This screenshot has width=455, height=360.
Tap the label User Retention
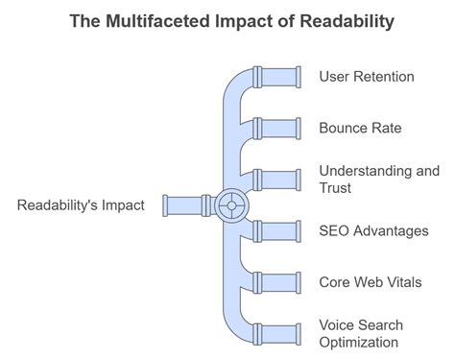tap(367, 76)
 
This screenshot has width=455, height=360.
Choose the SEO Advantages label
tap(373, 230)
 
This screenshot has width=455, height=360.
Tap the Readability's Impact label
tap(81, 204)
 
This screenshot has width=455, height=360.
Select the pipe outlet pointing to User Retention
tap(283, 76)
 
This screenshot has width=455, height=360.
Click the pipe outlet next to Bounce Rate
tap(283, 127)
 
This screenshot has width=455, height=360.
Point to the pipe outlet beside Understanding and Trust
tap(283, 179)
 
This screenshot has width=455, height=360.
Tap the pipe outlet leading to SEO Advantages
tap(283, 230)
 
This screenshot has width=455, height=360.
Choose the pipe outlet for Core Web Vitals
tap(283, 281)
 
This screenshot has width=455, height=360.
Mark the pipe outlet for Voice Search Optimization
tap(283, 333)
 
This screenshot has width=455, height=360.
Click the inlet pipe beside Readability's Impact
tap(185, 204)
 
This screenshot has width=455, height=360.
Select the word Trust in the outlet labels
tap(337, 188)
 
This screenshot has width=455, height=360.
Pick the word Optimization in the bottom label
tap(358, 342)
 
